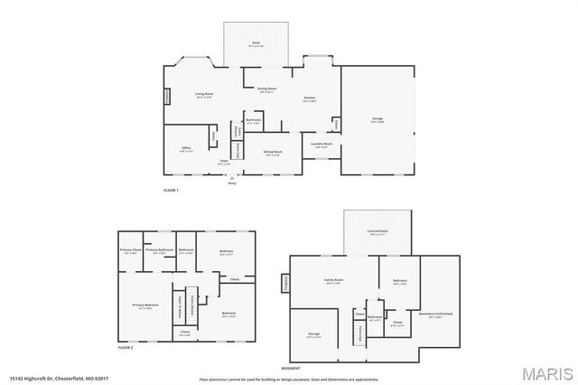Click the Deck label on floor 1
tap(256, 43)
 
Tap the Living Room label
tap(204, 94)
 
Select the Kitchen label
tap(309, 98)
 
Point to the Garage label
tap(378, 119)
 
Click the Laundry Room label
tap(322, 144)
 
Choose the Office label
tap(186, 147)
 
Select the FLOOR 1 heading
tap(171, 191)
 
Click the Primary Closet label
tap(130, 250)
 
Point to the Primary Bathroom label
tap(159, 250)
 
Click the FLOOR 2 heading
tap(126, 348)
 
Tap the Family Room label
tap(333, 281)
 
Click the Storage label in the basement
tap(313, 333)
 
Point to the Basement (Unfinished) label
tap(441, 314)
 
